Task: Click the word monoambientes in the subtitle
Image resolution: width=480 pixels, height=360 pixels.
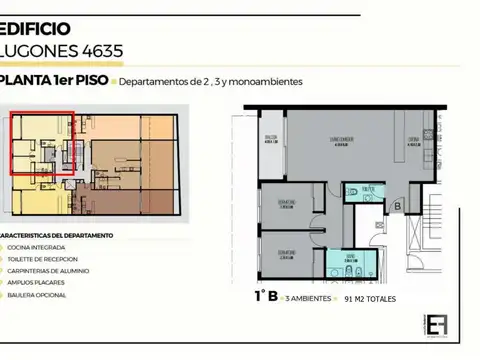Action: click(x=266, y=82)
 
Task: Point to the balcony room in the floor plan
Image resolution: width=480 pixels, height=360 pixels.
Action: click(x=270, y=140)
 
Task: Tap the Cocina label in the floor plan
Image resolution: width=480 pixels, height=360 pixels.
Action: click(x=412, y=140)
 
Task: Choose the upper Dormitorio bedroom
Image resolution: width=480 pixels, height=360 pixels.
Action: click(x=287, y=204)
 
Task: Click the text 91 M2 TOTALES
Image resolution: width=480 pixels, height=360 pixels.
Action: click(x=369, y=299)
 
